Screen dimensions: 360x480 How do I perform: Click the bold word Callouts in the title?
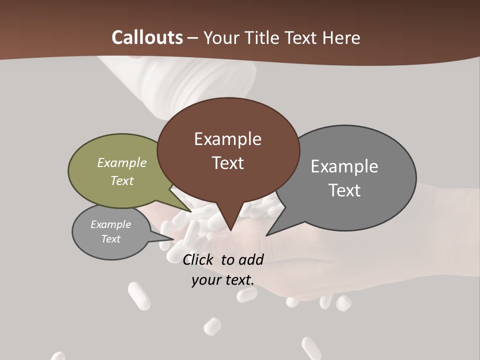pos(147,37)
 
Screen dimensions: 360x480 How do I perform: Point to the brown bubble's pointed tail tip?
pos(230,230)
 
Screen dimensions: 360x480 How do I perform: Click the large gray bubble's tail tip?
pos(267,234)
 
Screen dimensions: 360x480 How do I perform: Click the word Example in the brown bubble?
pos(227,139)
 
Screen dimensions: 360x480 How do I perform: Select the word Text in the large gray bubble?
pos(344,190)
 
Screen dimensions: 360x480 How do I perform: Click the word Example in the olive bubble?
pos(122,162)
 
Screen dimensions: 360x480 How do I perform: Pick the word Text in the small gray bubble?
pos(111,239)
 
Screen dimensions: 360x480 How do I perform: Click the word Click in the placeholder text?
pos(199,259)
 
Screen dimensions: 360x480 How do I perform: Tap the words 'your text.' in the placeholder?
pos(223,280)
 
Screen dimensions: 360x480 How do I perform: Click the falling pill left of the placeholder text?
pos(139,296)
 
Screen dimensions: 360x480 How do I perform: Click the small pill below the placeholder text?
pos(212,326)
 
